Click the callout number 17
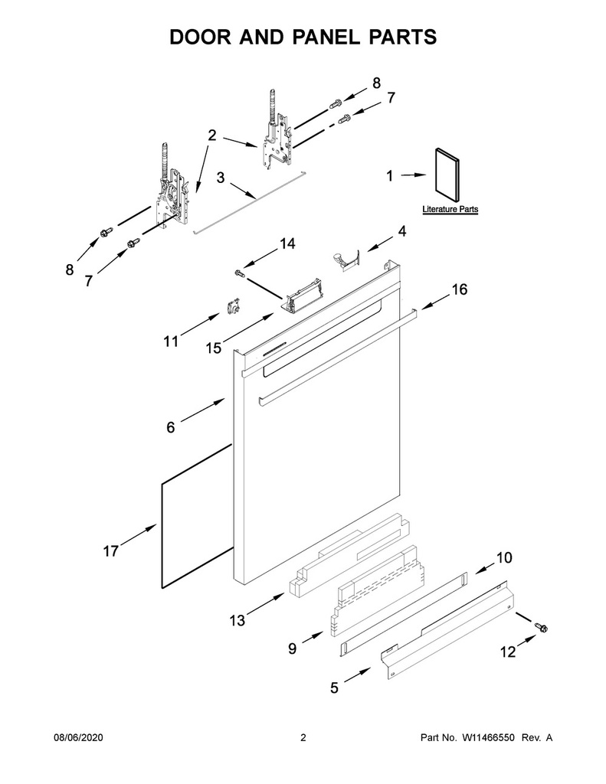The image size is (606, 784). click(x=110, y=551)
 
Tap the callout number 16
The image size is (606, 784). click(x=460, y=289)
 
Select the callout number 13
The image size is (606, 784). click(x=237, y=620)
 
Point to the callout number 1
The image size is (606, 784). click(x=390, y=175)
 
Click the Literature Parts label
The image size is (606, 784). click(x=450, y=209)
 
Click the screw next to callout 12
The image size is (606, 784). click(x=540, y=626)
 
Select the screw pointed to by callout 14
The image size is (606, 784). click(x=239, y=273)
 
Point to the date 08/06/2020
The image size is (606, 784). click(x=78, y=737)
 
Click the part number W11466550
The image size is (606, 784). click(x=490, y=737)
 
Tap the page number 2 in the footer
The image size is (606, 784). click(x=303, y=737)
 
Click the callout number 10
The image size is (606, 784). click(x=504, y=557)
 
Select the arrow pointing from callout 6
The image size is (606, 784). click(x=203, y=410)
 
